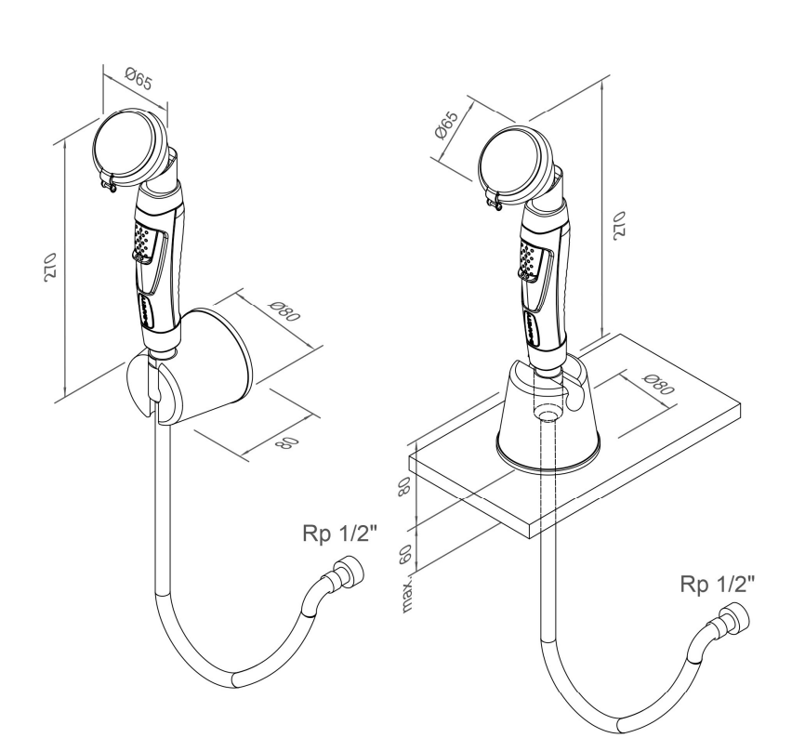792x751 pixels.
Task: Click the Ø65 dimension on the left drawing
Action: (139, 80)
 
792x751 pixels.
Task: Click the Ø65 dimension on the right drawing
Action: (446, 125)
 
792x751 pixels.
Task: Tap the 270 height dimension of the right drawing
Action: (619, 225)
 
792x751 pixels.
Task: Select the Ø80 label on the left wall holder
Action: (284, 311)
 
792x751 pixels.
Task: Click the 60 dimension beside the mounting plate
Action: (405, 555)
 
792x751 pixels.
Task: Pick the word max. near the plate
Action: (406, 595)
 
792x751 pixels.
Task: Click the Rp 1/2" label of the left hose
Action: (340, 534)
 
